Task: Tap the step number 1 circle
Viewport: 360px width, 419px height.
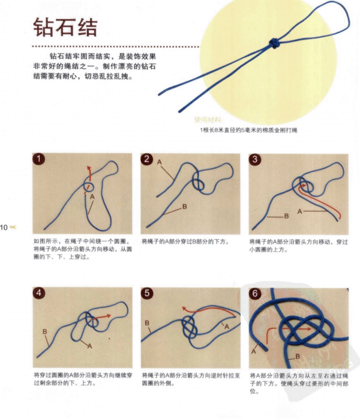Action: point(39,160)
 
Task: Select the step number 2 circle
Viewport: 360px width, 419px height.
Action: point(147,160)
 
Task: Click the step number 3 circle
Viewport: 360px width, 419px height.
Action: point(255,160)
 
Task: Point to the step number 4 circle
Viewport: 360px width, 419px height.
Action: point(39,294)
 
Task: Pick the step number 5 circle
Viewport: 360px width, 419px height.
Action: point(147,294)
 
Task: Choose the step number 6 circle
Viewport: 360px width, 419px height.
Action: point(255,294)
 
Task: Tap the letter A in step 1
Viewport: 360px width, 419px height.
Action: point(92,196)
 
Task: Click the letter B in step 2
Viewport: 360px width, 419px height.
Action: point(184,206)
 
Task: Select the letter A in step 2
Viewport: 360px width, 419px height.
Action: point(160,163)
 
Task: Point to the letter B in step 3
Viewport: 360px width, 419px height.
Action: point(286,216)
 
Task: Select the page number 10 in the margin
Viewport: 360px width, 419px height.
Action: point(4,228)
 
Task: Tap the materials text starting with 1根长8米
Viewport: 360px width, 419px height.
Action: point(248,130)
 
